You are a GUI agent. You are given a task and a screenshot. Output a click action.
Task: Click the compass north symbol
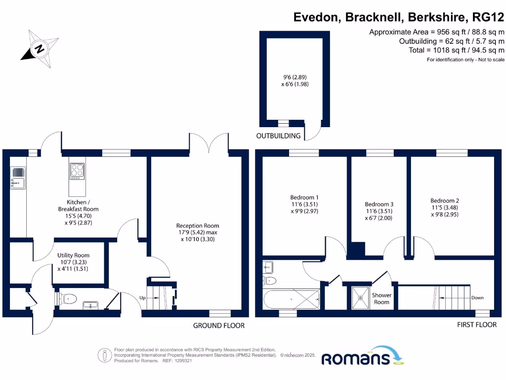40,49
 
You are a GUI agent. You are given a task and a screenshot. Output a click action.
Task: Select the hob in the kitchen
77,171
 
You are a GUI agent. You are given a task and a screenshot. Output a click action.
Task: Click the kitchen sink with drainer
18,178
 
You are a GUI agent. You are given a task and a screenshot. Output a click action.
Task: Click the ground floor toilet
67,299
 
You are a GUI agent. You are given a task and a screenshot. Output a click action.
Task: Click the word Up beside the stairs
142,297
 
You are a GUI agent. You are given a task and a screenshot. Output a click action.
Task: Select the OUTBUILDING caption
278,136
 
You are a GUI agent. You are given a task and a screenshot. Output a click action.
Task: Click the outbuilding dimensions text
295,81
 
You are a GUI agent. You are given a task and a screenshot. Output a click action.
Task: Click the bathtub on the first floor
292,299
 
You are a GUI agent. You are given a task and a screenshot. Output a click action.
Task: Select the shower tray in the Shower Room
360,297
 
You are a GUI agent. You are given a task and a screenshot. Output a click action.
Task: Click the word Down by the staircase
477,297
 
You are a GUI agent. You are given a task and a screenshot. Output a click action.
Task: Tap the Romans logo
362,356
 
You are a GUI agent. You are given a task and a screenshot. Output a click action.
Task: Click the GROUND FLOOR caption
219,326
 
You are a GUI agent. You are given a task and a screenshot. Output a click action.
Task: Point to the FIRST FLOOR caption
477,325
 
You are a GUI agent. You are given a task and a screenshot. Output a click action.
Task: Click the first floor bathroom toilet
270,281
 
